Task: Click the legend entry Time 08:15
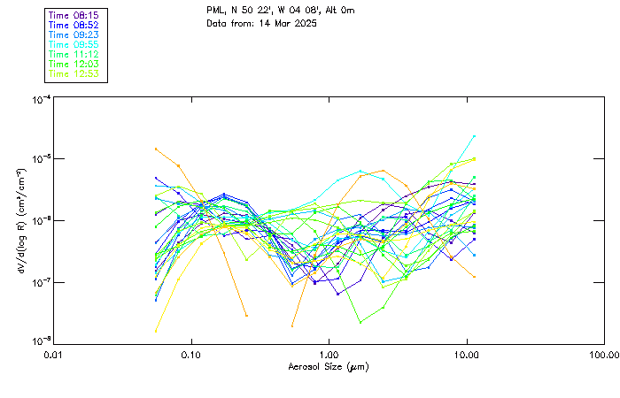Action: pos(74,16)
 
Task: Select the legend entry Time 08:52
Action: pos(74,26)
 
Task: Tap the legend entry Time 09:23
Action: pos(74,35)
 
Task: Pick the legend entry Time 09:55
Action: pos(74,45)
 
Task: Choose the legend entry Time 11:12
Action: pos(74,55)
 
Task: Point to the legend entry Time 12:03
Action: pos(74,65)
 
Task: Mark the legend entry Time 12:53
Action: pos(74,74)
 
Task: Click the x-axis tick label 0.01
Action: pos(54,355)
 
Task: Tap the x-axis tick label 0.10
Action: pos(191,355)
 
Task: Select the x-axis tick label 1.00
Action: pos(329,355)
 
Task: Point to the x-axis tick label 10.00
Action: pos(467,355)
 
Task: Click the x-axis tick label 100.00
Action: pos(604,355)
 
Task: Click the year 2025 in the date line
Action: pos(303,23)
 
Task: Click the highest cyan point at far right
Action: pos(474,136)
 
